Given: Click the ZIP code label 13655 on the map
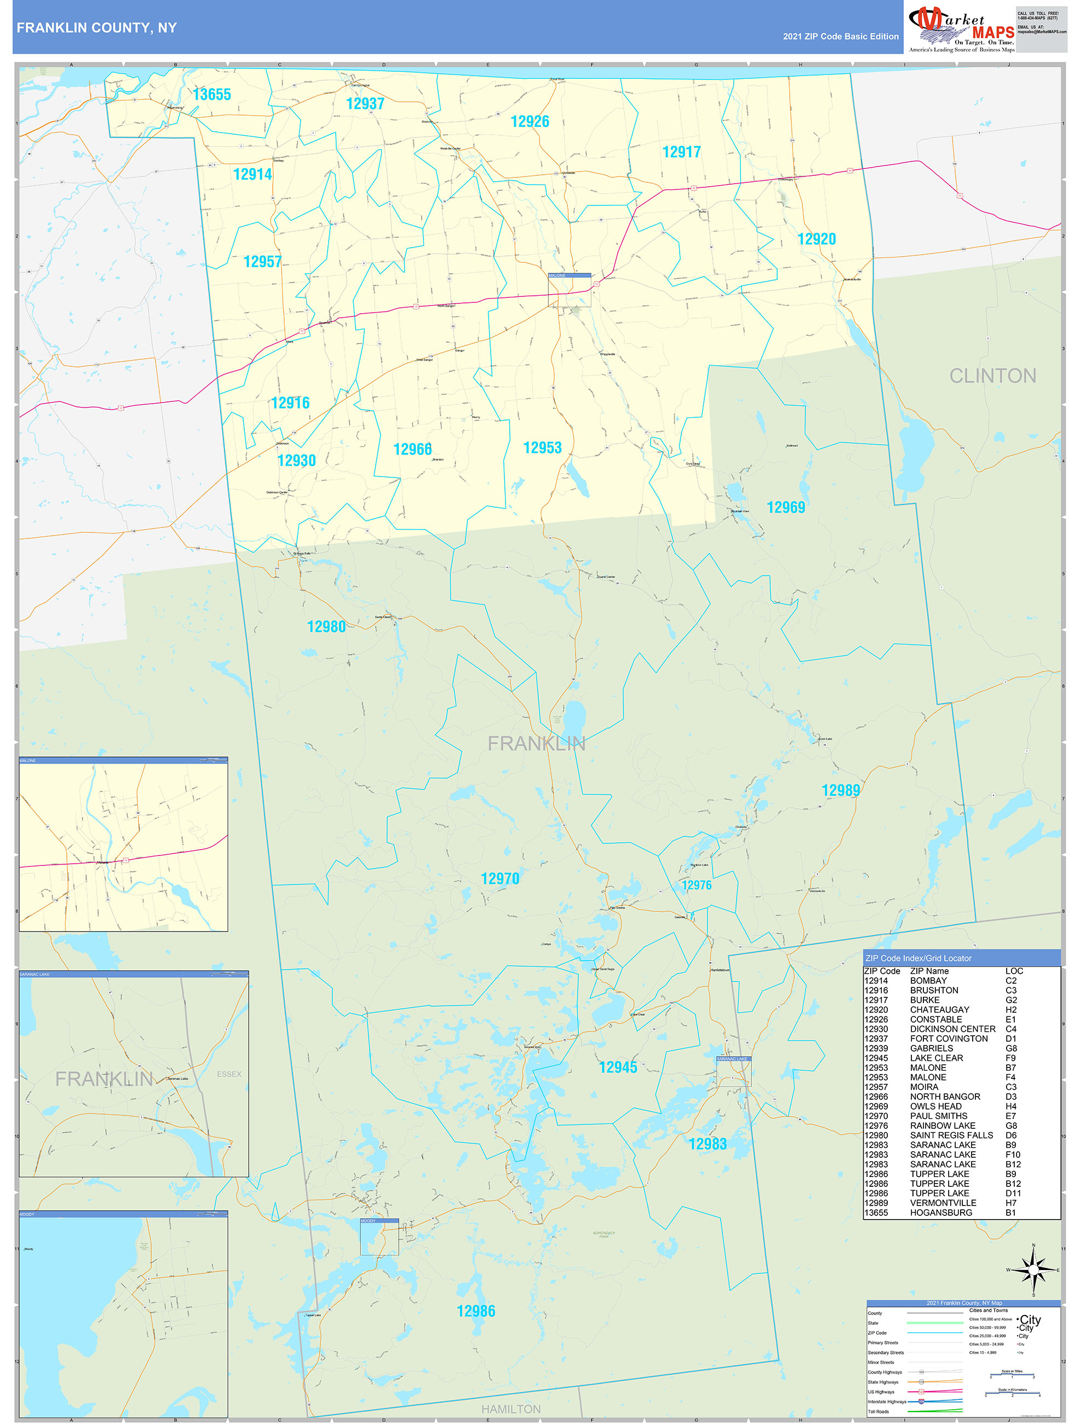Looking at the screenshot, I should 211,95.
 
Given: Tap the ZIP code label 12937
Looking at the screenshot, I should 365,104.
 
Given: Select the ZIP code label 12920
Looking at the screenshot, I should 817,239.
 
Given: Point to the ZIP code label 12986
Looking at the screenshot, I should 476,1311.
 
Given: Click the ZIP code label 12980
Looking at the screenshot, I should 326,627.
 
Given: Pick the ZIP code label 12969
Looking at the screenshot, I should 785,507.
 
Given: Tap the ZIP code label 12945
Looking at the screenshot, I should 618,1067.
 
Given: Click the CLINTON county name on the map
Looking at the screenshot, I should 992,376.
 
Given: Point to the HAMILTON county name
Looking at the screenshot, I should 510,1409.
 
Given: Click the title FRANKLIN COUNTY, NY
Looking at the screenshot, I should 96,28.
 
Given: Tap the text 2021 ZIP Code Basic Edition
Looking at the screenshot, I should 840,37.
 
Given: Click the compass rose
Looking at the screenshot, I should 1033,1270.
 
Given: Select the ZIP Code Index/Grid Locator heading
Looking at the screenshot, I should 918,958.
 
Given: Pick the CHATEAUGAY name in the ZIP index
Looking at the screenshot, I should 939,1009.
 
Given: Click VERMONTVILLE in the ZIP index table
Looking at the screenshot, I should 943,1203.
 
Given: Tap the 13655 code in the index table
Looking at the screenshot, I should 876,1212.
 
